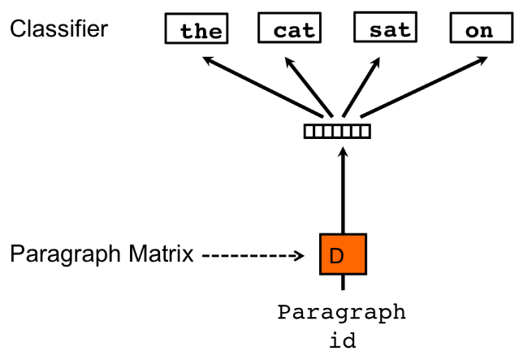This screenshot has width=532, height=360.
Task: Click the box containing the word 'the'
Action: coord(194,30)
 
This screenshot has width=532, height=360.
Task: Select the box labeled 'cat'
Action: coord(289,29)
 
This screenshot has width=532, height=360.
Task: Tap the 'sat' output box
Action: coord(385,29)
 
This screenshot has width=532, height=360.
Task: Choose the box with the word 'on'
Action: coord(482,29)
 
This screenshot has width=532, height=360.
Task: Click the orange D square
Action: coord(343,254)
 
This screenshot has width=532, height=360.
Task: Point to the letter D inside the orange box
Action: coord(336,256)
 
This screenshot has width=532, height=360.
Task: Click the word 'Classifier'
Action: coord(58,28)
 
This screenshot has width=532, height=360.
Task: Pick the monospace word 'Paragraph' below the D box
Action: coord(342,313)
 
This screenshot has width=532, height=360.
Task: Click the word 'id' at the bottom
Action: coord(343,340)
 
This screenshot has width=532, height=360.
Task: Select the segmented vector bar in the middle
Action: coord(336,130)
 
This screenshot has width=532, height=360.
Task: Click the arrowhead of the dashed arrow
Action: coord(299,255)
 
